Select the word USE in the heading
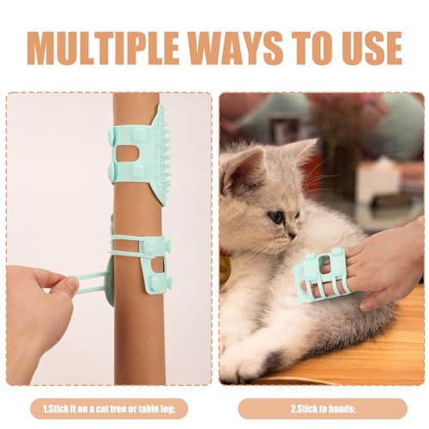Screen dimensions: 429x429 (x=365, y=47)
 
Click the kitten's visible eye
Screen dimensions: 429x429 (x=277, y=217)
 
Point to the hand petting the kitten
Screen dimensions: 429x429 (x=386, y=262)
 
